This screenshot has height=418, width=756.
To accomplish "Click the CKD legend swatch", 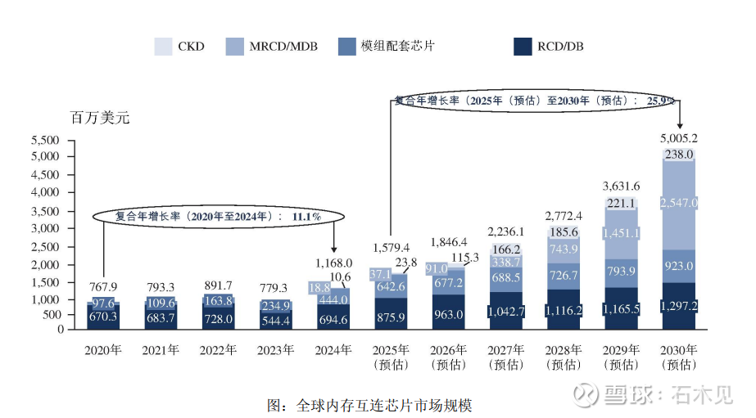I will [x=163, y=47].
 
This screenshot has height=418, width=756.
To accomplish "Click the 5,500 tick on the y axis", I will [x=48, y=139].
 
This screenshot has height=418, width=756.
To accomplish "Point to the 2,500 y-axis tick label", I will [x=48, y=247].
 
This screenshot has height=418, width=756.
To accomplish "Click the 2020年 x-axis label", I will [x=102, y=350].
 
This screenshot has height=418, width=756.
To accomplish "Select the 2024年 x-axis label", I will [x=333, y=350].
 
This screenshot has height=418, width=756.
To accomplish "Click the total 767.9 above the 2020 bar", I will [x=102, y=285].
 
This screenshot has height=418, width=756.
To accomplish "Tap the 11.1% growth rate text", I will [x=304, y=216].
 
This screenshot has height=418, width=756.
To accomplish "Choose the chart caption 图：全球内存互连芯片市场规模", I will [x=369, y=404].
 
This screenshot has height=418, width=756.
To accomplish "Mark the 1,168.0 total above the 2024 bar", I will [x=333, y=263].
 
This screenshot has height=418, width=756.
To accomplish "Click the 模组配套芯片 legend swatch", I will [x=346, y=47].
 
